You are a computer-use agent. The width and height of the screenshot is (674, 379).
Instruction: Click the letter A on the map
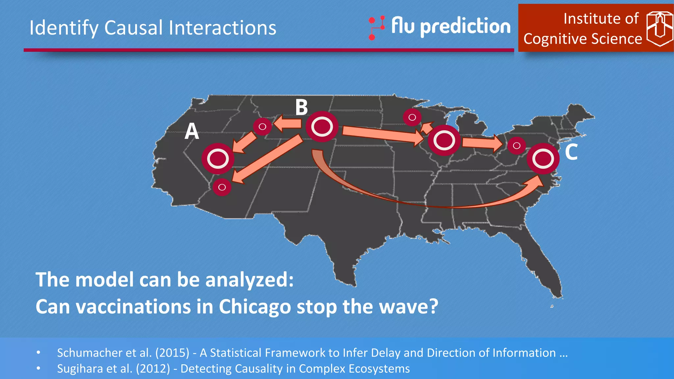[192, 131]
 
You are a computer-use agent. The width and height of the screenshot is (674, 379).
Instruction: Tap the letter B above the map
[301, 107]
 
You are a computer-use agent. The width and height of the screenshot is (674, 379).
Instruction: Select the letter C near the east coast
[571, 152]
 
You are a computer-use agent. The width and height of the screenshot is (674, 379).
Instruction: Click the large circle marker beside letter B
[322, 127]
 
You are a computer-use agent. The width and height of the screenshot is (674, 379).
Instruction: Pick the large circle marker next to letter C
[543, 159]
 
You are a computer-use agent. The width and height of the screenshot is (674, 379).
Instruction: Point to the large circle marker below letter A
[218, 159]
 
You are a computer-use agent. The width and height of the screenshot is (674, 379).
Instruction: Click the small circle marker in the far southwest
[222, 187]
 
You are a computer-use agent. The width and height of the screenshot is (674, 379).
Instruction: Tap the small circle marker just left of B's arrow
[262, 126]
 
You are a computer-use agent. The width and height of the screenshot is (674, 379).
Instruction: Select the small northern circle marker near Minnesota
[412, 117]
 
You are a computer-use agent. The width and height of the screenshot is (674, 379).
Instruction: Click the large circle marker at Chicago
[444, 140]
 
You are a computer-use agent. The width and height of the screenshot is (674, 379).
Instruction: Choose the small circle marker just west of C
[517, 145]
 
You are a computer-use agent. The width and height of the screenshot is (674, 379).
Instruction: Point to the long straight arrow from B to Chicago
[382, 134]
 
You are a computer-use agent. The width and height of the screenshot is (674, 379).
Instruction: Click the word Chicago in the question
[255, 307]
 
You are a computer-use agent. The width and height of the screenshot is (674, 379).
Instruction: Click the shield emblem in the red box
[659, 29]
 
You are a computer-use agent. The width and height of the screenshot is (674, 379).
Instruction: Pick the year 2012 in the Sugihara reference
[153, 369]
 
